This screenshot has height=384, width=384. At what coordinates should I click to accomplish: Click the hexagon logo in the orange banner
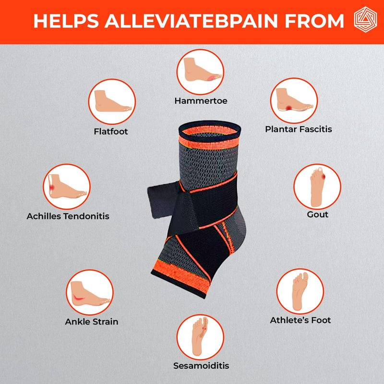pyautogui.click(x=365, y=20)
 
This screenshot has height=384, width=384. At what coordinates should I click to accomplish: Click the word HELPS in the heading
pyautogui.click(x=66, y=21)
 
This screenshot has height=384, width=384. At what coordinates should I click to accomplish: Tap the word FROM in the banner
pyautogui.click(x=314, y=21)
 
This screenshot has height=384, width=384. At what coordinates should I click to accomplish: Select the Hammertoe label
pyautogui.click(x=201, y=101)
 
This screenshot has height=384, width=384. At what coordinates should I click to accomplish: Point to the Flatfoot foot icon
pyautogui.click(x=112, y=101)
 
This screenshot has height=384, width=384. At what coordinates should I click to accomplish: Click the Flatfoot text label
pyautogui.click(x=111, y=132)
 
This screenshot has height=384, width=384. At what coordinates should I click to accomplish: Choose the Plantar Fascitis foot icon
pyautogui.click(x=294, y=100)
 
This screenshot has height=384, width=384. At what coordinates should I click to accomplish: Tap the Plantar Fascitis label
pyautogui.click(x=299, y=129)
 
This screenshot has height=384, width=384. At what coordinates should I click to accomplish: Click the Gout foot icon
pyautogui.click(x=317, y=187)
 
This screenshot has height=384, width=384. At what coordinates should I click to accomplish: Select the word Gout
pyautogui.click(x=317, y=215)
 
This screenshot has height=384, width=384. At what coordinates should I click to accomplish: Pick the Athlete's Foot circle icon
pyautogui.click(x=300, y=291)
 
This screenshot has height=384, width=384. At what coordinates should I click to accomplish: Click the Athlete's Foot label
pyautogui.click(x=300, y=320)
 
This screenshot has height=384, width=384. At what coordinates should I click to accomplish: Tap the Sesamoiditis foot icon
pyautogui.click(x=200, y=337)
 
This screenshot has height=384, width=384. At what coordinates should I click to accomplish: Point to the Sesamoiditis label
pyautogui.click(x=201, y=366)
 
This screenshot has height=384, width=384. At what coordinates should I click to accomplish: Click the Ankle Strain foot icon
pyautogui.click(x=90, y=292)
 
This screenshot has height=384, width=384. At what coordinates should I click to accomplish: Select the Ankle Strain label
pyautogui.click(x=92, y=322)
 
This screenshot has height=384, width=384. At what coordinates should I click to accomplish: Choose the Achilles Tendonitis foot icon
pyautogui.click(x=67, y=187)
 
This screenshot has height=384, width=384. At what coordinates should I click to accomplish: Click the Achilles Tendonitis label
pyautogui.click(x=68, y=216)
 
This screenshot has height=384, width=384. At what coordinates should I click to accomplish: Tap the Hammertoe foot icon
pyautogui.click(x=200, y=72)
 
